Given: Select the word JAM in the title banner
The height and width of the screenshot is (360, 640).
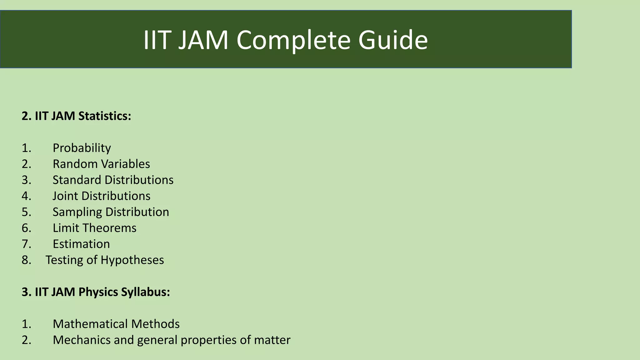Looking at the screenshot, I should pyautogui.click(x=203, y=40).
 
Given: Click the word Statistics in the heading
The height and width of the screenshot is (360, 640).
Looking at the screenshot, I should pyautogui.click(x=105, y=116).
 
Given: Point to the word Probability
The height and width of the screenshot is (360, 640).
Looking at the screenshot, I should pyautogui.click(x=82, y=148).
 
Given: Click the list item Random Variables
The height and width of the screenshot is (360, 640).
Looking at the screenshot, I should pyautogui.click(x=101, y=164).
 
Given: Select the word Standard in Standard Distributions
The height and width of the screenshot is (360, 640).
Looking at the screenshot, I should pyautogui.click(x=77, y=180).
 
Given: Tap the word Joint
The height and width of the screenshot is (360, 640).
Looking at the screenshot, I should pyautogui.click(x=65, y=196).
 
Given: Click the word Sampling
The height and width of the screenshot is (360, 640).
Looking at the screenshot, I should pyautogui.click(x=77, y=212).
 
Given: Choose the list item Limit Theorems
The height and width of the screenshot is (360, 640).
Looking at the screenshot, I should pyautogui.click(x=94, y=228).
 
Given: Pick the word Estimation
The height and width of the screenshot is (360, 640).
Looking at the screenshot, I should pyautogui.click(x=81, y=244).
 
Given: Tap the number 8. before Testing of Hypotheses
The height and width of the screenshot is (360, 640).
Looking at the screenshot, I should pyautogui.click(x=27, y=260).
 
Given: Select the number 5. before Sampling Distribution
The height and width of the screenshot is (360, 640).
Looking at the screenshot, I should pyautogui.click(x=27, y=212).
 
